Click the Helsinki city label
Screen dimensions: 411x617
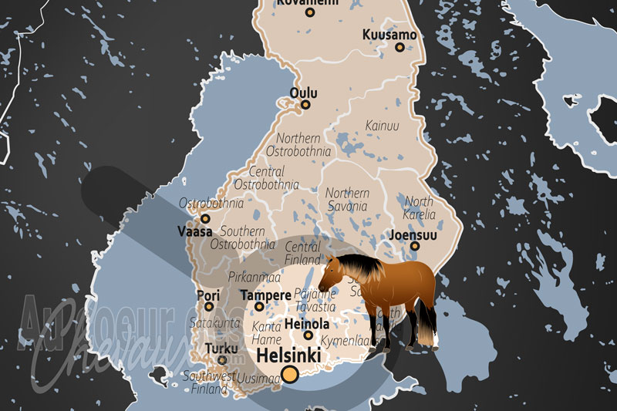pyautogui.click(x=289, y=357)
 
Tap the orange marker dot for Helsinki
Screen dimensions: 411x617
pyautogui.click(x=290, y=376)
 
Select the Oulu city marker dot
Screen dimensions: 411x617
pyautogui.click(x=305, y=105)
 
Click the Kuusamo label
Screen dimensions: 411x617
pyautogui.click(x=389, y=35)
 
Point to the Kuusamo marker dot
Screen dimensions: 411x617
pyautogui.click(x=400, y=47)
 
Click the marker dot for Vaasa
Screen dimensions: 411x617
pyautogui.click(x=205, y=219)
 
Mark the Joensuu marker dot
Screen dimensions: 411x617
pyautogui.click(x=415, y=246)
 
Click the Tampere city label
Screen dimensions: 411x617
pyautogui.click(x=265, y=295)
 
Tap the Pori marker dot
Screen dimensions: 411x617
pyautogui.click(x=209, y=306)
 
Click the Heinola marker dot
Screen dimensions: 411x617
pyautogui.click(x=308, y=335)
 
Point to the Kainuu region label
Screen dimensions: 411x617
pyautogui.click(x=382, y=125)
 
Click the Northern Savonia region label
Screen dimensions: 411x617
pyautogui.click(x=347, y=200)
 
